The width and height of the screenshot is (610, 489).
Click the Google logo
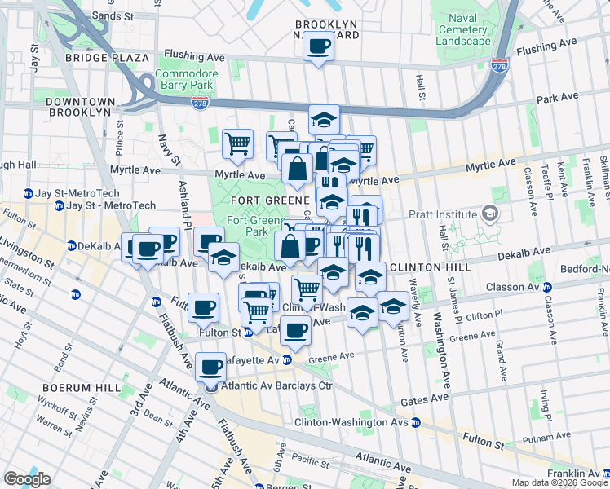[27, 478]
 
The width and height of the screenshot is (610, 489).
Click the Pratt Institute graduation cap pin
[490, 215]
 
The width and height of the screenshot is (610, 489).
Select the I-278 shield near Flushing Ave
[500, 66]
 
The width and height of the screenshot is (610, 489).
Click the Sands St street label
[113, 15]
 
